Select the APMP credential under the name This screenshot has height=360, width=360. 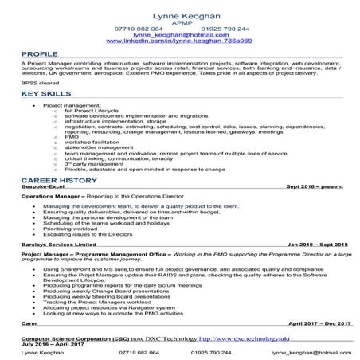179,24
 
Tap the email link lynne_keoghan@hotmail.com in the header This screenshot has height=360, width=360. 179,36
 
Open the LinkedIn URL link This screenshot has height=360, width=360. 179,41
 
